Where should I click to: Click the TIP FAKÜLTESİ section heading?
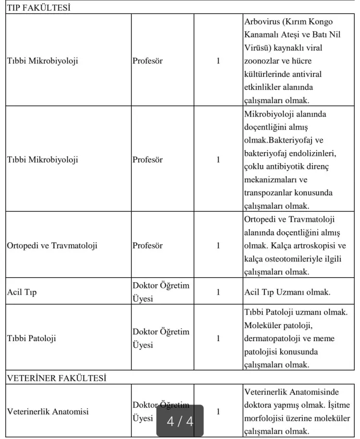(38, 8)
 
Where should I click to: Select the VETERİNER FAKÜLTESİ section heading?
(57, 378)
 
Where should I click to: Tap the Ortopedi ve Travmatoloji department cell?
(52, 246)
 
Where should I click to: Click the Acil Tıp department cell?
(22, 292)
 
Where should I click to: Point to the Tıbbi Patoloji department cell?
(31, 338)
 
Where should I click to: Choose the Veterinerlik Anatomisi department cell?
(48, 412)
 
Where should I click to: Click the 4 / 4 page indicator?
(180, 421)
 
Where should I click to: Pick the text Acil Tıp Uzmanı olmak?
(287, 292)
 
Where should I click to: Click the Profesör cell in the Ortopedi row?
(147, 246)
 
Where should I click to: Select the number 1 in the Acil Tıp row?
(218, 292)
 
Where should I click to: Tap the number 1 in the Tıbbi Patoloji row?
(218, 338)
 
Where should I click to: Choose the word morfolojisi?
(266, 418)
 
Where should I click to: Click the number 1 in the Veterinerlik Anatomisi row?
(218, 412)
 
